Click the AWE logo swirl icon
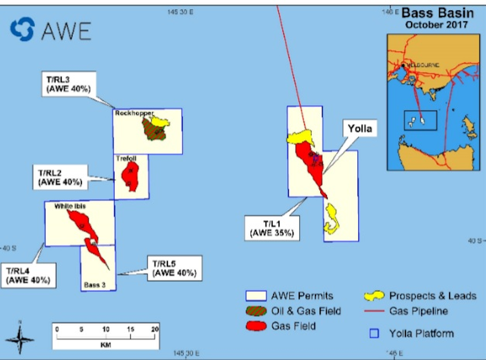(x=22, y=29)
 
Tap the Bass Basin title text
(x=437, y=13)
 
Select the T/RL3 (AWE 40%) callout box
(x=69, y=84)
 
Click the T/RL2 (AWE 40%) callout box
(x=60, y=177)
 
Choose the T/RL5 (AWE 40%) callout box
(x=175, y=268)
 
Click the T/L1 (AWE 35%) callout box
(x=272, y=228)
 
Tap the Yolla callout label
(x=360, y=129)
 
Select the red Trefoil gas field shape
(x=130, y=176)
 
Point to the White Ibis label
(x=69, y=206)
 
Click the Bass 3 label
(x=95, y=285)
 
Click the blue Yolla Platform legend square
(x=375, y=334)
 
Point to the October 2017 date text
(x=437, y=24)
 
